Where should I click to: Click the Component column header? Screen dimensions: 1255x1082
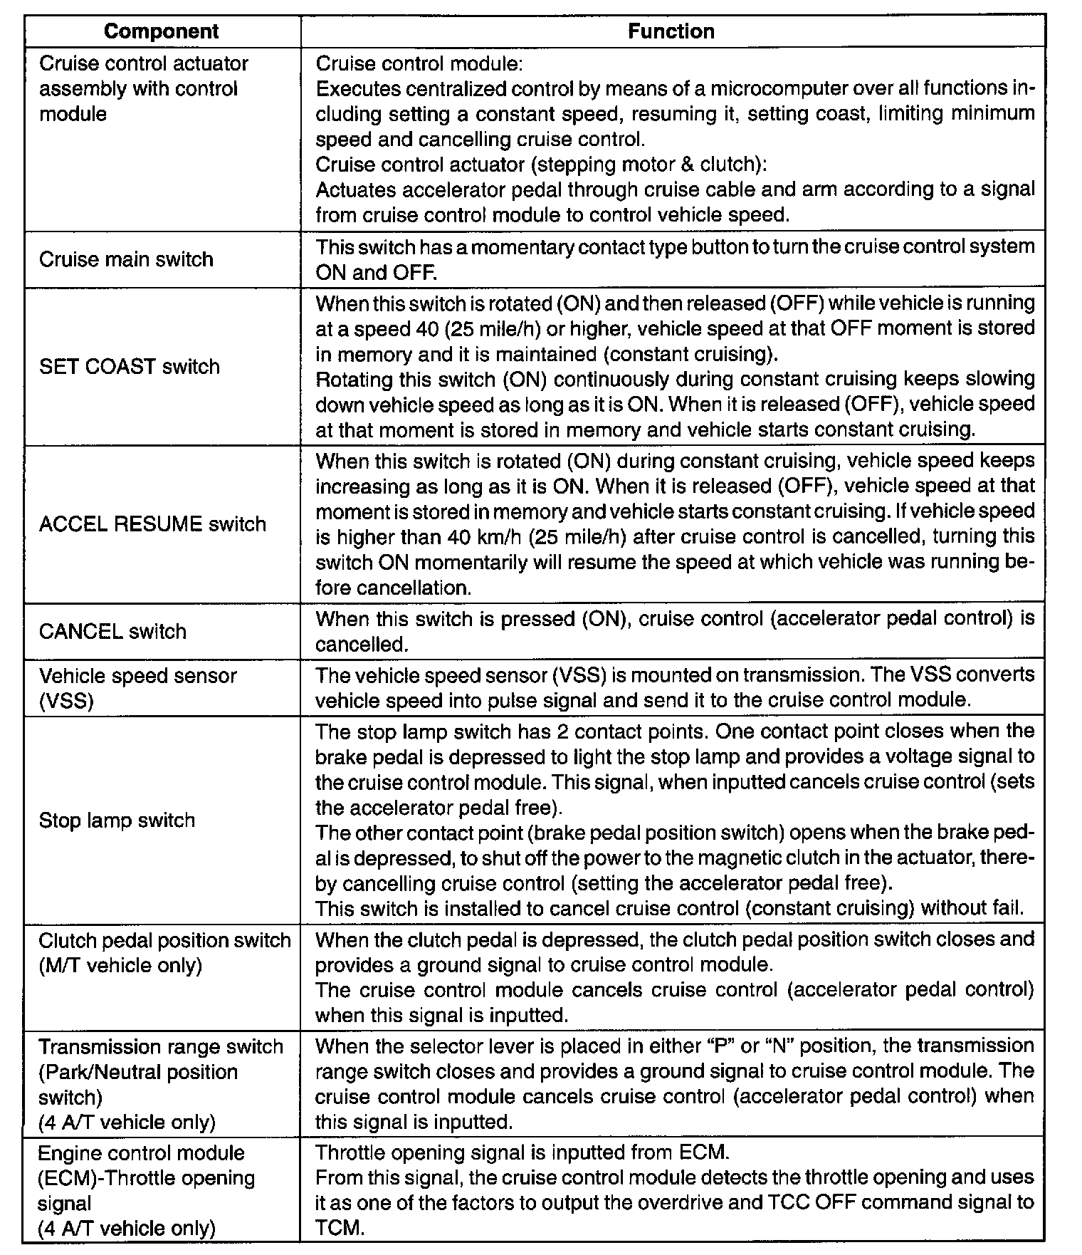point(162,31)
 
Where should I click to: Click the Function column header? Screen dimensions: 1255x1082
point(671,31)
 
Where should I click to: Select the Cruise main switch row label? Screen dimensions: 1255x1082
point(126,259)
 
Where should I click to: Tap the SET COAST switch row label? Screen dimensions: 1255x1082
point(130,367)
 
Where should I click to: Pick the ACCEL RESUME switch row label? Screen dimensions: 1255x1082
point(152,524)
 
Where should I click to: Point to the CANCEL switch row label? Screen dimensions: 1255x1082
point(112,632)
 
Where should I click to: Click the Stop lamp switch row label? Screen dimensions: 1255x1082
point(117,821)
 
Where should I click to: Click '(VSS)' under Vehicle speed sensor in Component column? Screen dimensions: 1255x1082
point(66,702)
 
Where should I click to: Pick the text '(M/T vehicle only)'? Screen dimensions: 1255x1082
point(120,966)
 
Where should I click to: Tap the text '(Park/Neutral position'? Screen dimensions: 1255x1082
point(138,1072)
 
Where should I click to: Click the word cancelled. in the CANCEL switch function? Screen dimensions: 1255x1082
point(362,645)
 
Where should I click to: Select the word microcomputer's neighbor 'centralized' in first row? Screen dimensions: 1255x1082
point(451,89)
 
